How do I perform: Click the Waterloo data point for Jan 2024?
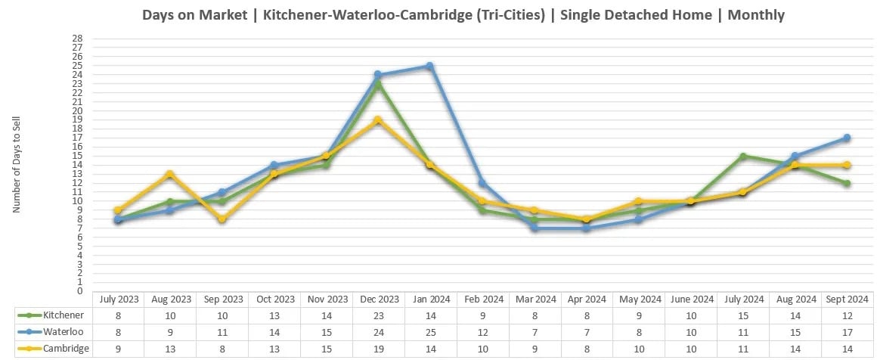coord(429,66)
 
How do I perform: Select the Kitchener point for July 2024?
coord(743,157)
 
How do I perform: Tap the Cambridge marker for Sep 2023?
coord(222,219)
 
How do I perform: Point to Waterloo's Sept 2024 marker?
coord(847,138)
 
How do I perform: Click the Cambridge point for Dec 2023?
coord(378,120)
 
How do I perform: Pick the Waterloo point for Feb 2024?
coord(482,183)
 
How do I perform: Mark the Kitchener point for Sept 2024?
coord(847,183)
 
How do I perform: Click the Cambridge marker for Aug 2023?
coord(170,175)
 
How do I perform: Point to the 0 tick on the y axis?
coord(79,291)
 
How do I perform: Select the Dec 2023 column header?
coord(378,299)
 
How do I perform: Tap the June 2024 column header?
coord(691,299)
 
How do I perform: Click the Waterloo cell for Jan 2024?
coord(430,331)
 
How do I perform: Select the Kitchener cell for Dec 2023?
coord(378,314)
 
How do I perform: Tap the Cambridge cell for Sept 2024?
coord(847,348)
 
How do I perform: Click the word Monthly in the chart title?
coord(756,14)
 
